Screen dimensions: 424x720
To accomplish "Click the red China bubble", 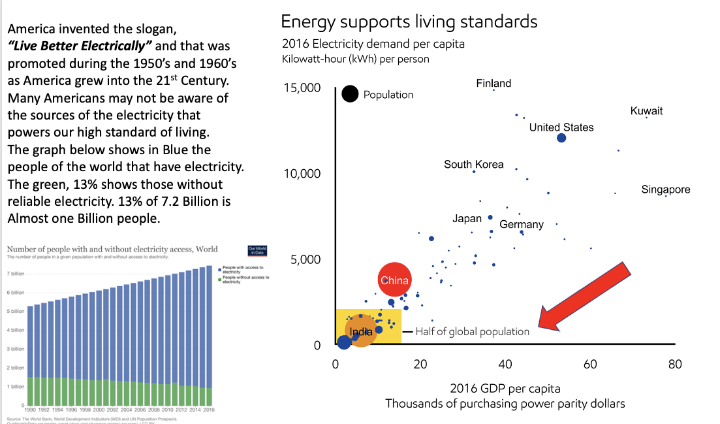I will point(394,280).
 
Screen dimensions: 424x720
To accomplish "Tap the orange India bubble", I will point(360,332).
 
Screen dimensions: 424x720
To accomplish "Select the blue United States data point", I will point(561,138).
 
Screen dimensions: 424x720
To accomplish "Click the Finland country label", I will point(493,84).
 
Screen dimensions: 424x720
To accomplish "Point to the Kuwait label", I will point(646,111).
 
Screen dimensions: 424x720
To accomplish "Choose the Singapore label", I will point(666,190).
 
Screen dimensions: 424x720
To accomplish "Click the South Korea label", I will point(473,165).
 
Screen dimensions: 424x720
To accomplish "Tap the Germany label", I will point(521,225).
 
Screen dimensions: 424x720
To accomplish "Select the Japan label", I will point(467,219).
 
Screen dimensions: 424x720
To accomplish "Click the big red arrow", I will point(584,295).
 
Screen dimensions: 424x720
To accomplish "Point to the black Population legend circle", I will point(351,94).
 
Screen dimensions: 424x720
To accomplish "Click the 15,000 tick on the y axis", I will point(302,88).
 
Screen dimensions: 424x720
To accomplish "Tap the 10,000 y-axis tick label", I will point(302,174).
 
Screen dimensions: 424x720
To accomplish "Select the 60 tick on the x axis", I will point(590,364).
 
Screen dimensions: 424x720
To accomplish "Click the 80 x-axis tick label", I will point(675,364).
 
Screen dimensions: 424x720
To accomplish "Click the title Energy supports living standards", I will point(409,22).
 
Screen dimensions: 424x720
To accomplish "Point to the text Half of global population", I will point(472,332).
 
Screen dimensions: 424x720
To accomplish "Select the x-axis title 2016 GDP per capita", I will point(505,389).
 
